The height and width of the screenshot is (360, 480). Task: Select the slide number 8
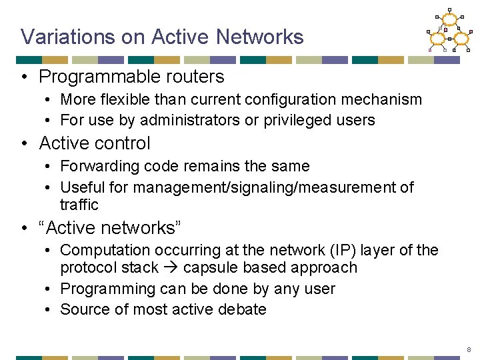pyautogui.click(x=469, y=349)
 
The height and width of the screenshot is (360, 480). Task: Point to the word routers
pyautogui.click(x=197, y=77)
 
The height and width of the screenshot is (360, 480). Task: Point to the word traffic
pyautogui.click(x=79, y=205)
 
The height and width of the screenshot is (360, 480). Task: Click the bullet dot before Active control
pyautogui.click(x=24, y=143)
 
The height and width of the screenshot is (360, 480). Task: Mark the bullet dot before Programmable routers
pyautogui.click(x=24, y=77)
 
